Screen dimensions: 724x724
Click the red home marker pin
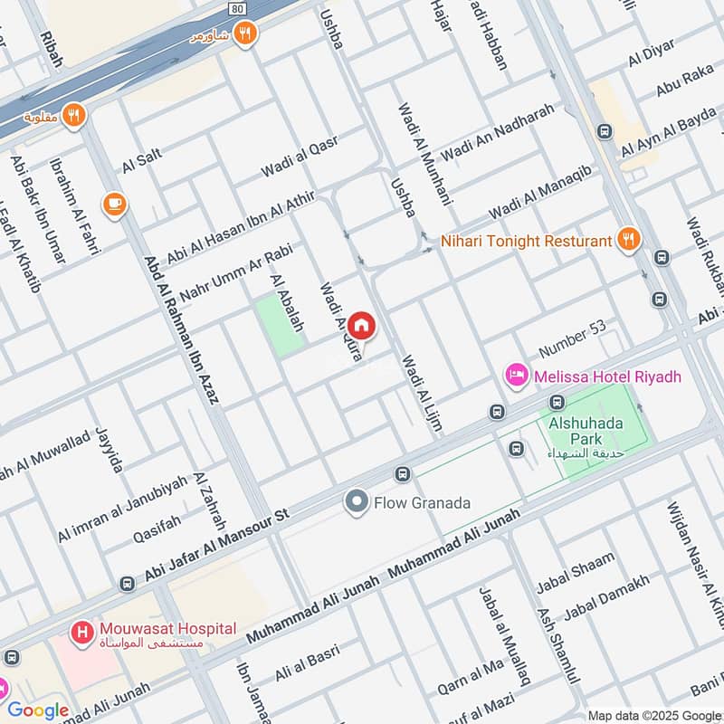pyautogui.click(x=361, y=324)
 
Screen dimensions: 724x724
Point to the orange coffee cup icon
pyautogui.click(x=114, y=203)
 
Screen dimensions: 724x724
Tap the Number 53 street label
pyautogui.click(x=571, y=338)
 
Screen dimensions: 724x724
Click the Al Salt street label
pyautogui.click(x=141, y=161)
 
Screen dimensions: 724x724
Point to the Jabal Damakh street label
pyautogui.click(x=605, y=598)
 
